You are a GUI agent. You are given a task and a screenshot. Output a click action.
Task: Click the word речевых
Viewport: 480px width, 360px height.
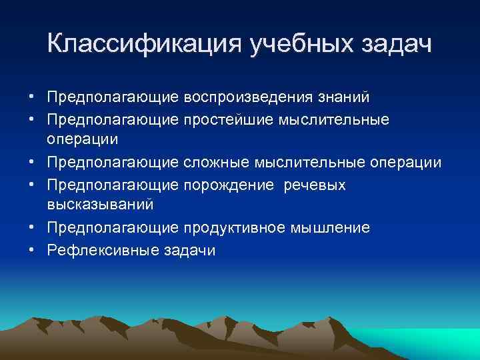tap(314, 185)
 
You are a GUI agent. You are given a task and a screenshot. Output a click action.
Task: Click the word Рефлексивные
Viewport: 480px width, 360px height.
tap(98, 250)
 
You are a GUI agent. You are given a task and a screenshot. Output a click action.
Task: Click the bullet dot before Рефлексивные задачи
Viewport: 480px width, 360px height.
tap(32, 251)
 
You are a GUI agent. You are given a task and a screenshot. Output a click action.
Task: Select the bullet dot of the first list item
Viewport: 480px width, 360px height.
tap(32, 98)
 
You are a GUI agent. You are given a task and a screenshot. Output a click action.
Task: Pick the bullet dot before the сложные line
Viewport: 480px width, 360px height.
tap(32, 163)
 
